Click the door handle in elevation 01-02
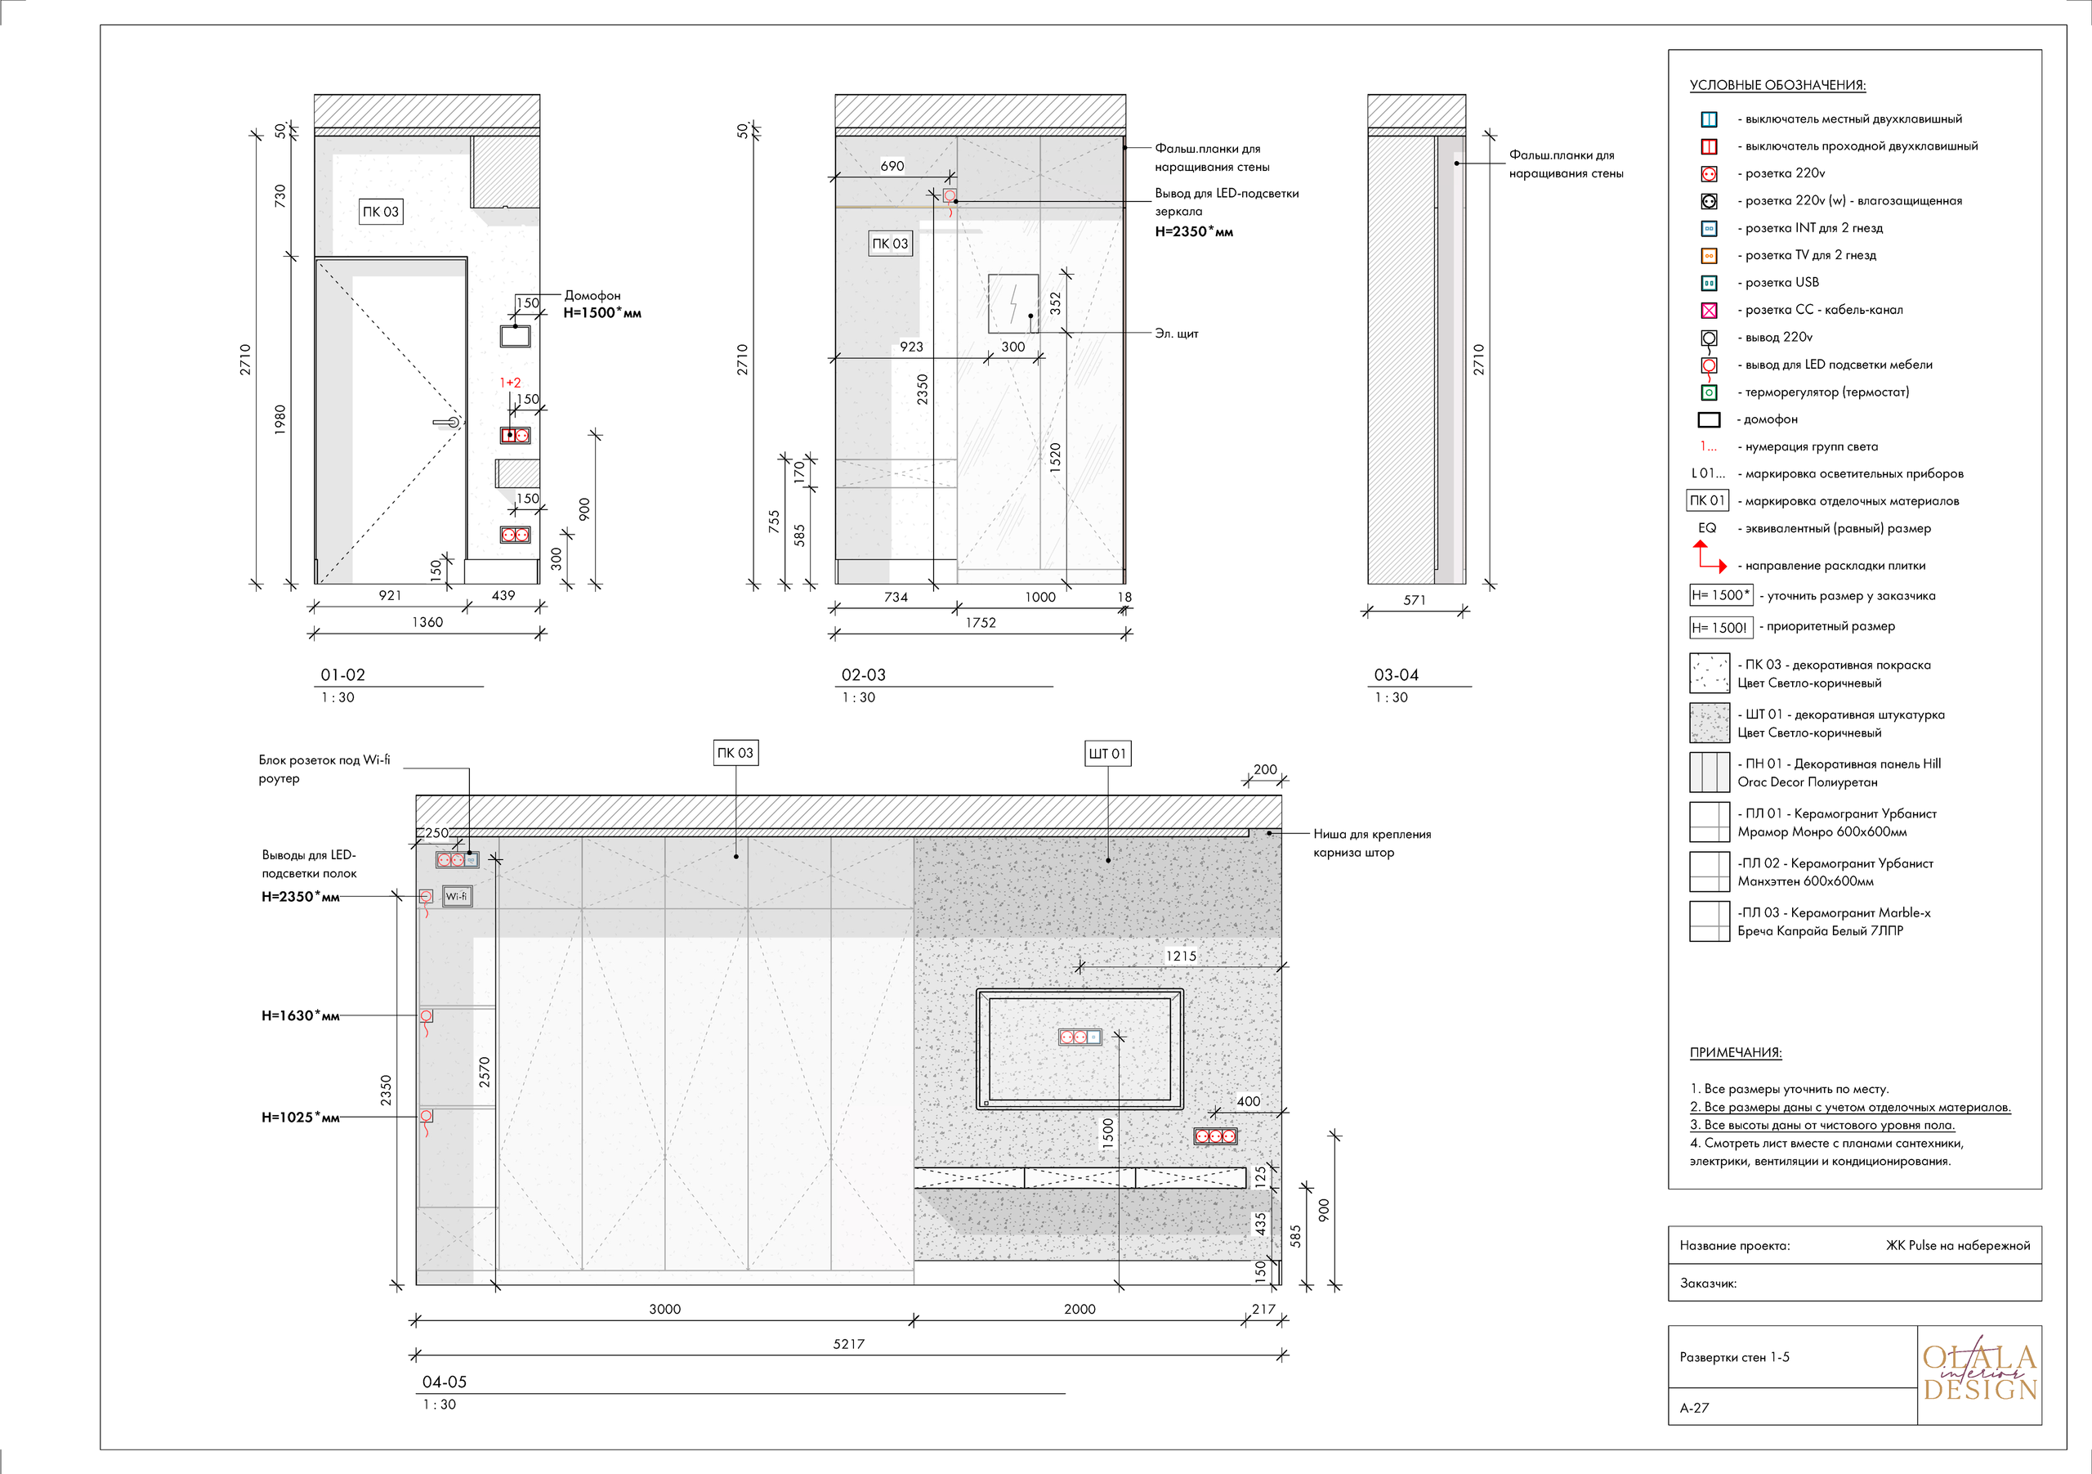447,422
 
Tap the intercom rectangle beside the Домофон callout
515,336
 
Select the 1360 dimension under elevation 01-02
427,621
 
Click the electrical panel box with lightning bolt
1013,303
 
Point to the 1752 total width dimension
981,623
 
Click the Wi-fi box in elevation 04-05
457,896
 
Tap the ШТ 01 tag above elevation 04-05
1107,753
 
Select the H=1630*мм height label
300,1015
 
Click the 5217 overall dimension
848,1344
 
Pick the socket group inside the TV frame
1080,1037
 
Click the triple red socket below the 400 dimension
1214,1136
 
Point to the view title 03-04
1396,674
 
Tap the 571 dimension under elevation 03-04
1414,600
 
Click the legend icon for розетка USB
1709,283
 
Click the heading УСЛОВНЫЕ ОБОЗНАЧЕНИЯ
1777,85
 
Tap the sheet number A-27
1694,1408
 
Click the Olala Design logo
1979,1373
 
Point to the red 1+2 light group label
510,383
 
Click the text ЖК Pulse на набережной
1957,1245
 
